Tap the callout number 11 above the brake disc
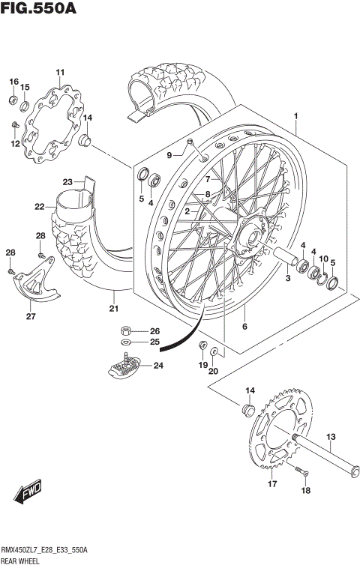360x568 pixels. coord(60,72)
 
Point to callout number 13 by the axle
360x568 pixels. coord(331,437)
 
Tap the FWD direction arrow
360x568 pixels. coord(29,493)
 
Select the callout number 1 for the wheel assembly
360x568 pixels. coord(296,116)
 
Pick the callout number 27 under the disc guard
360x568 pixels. coord(31,316)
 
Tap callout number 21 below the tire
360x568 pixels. coord(113,309)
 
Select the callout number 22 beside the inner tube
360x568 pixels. coord(39,207)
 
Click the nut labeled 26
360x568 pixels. coord(127,330)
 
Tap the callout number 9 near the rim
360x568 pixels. coord(169,155)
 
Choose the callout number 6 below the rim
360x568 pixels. coord(244,327)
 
